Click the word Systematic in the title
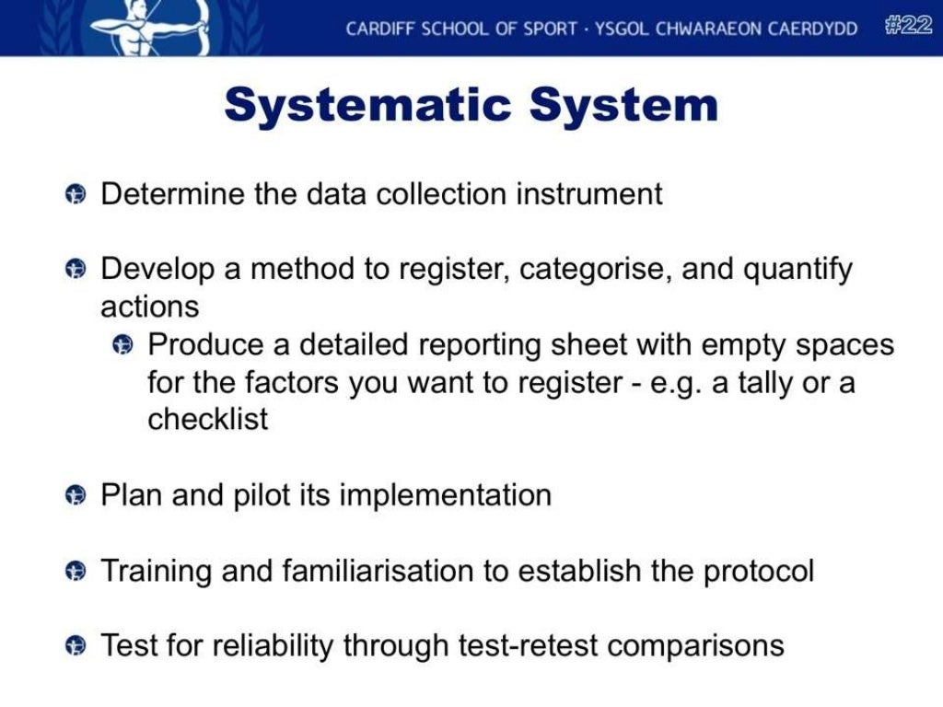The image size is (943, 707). [368, 105]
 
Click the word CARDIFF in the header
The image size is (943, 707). [380, 29]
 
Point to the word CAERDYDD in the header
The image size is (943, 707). [813, 29]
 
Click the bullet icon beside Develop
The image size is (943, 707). [76, 270]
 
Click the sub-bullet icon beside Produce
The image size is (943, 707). [122, 345]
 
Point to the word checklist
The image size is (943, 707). [207, 420]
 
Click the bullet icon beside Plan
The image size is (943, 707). [76, 496]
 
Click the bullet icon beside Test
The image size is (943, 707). [76, 646]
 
